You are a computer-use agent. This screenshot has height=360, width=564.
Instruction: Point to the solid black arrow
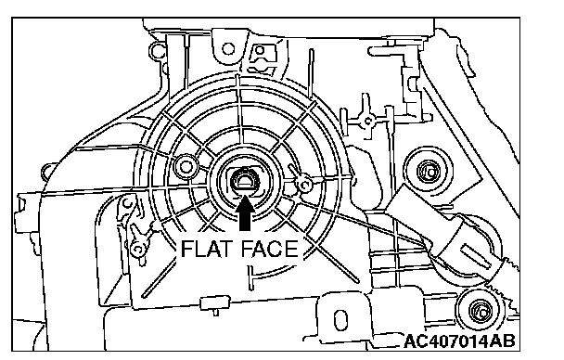click(245, 213)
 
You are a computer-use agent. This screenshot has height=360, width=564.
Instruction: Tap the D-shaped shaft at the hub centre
click(245, 181)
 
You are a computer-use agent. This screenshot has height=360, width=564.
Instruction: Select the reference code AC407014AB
click(459, 341)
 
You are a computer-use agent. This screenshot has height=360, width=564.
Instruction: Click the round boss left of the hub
click(186, 166)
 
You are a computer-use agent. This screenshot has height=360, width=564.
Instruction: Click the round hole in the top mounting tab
click(228, 48)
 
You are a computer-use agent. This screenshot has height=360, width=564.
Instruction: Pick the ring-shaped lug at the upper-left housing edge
click(156, 51)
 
